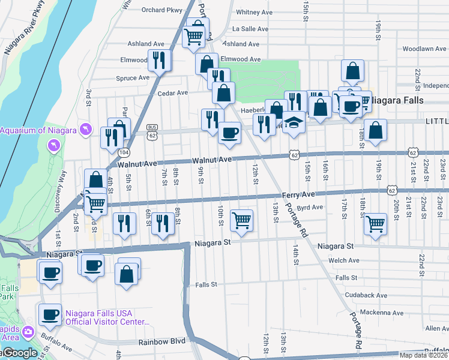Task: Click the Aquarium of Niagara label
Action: tap(38, 131)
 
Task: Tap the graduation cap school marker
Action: tap(294, 122)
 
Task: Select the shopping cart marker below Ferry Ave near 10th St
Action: tap(241, 220)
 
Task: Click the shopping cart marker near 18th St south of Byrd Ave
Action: tap(375, 223)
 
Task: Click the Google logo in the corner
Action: tap(18, 353)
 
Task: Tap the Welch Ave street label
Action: tap(343, 260)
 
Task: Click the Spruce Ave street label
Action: tap(132, 78)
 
